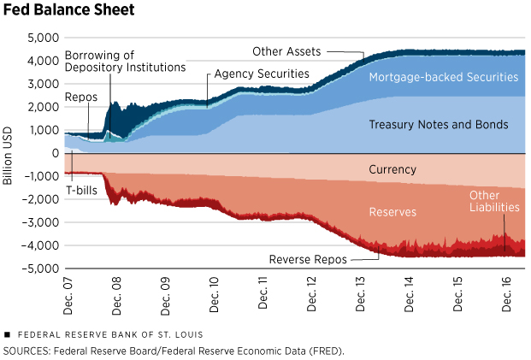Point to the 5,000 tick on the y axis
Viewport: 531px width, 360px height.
pos(42,38)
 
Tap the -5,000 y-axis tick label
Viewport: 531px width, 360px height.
pos(40,269)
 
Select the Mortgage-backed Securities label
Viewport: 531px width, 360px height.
pos(444,77)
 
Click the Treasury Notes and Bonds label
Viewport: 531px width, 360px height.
pos(438,125)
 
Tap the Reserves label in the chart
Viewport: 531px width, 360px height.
pos(392,210)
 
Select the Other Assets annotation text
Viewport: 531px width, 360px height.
pos(286,52)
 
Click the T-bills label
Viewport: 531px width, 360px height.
pos(81,189)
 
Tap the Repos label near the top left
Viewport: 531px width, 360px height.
pos(80,97)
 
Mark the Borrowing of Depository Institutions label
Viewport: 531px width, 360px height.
pos(125,61)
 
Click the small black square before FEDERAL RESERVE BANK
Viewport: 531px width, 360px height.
pos(7,333)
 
